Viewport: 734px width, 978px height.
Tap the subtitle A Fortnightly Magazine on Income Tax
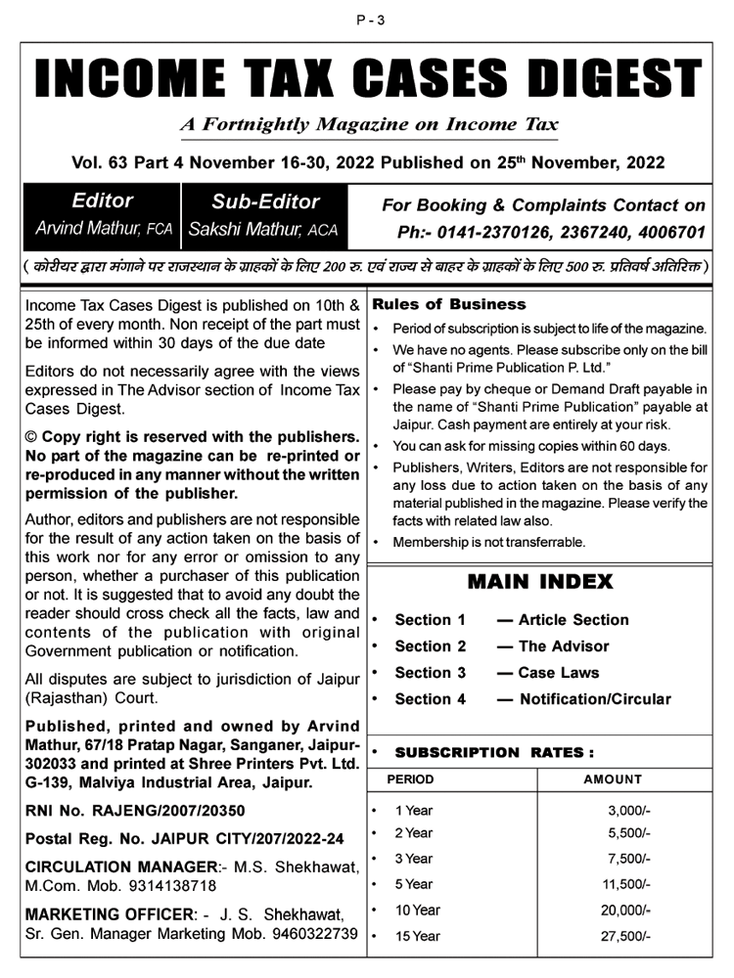[x=369, y=125]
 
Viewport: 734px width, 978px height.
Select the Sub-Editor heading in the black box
[x=265, y=202]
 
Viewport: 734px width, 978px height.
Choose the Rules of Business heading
[x=449, y=304]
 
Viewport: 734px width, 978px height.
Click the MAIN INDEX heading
[x=540, y=582]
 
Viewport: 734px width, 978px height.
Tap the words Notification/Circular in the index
[x=594, y=699]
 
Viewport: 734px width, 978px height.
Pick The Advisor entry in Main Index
[x=563, y=646]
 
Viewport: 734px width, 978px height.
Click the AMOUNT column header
[x=613, y=779]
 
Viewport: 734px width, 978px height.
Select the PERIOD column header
[x=410, y=779]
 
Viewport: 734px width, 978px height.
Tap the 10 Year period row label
[x=417, y=910]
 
